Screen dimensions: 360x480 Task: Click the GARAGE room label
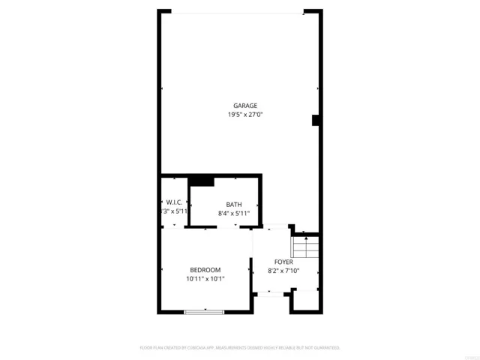click(x=244, y=106)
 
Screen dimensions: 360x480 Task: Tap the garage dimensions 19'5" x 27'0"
click(x=244, y=115)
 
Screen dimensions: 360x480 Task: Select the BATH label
click(x=234, y=204)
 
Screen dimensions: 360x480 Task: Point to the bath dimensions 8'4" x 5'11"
click(x=234, y=213)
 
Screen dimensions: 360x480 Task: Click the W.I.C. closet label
click(x=174, y=202)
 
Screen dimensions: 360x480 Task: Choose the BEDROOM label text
click(x=205, y=270)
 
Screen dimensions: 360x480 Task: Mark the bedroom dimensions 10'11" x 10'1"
click(x=205, y=279)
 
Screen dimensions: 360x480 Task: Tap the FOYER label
click(x=283, y=262)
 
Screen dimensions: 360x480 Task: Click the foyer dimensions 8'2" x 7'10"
click(x=283, y=271)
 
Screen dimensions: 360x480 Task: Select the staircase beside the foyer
click(x=306, y=245)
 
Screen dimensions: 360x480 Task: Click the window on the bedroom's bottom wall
click(x=204, y=311)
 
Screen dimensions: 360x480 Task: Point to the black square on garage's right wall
click(x=316, y=120)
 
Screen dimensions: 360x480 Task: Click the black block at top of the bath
click(x=201, y=180)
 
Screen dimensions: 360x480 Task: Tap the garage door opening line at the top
click(x=238, y=11)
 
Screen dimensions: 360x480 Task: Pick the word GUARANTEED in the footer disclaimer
click(x=325, y=348)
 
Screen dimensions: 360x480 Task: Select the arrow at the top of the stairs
click(x=306, y=237)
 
